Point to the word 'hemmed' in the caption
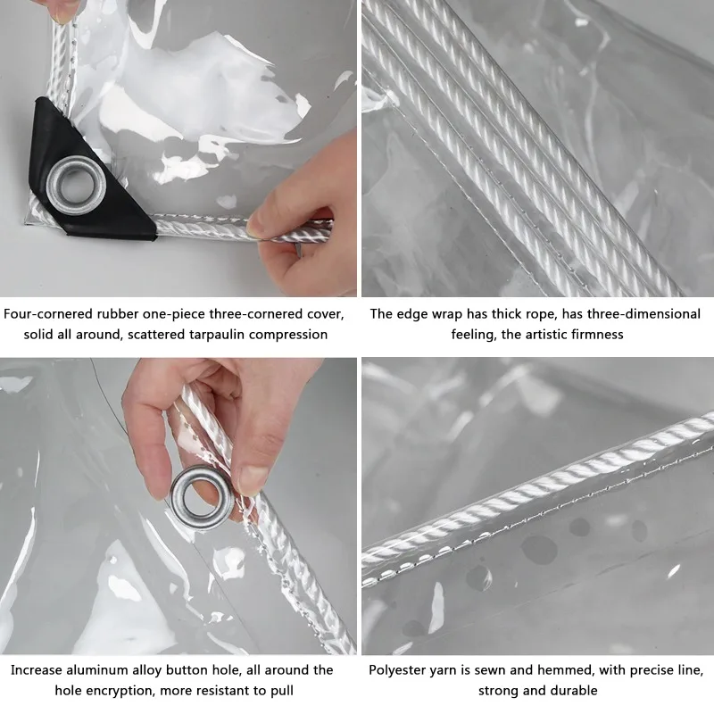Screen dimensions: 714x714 pos(586,669)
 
